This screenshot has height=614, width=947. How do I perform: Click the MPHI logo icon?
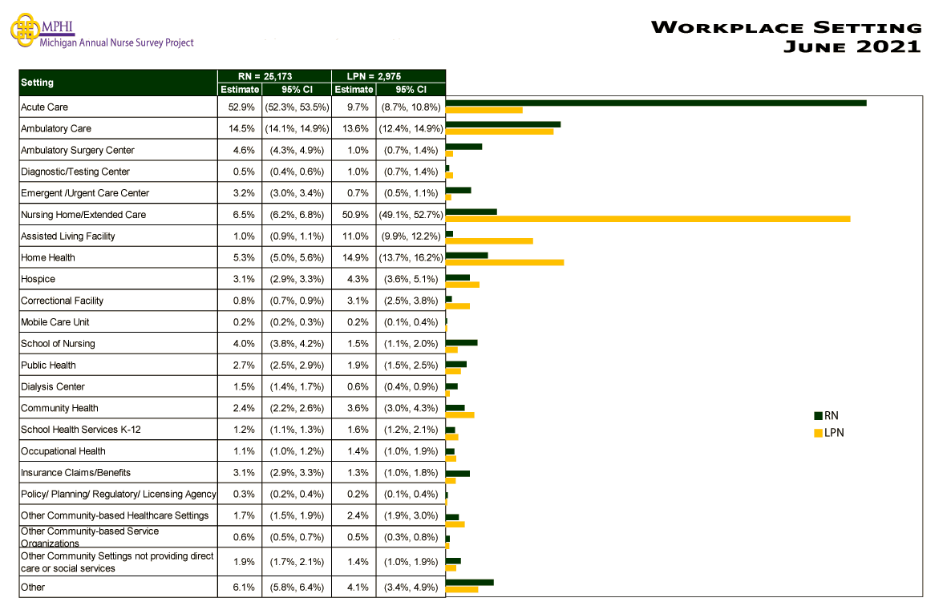pos(24,29)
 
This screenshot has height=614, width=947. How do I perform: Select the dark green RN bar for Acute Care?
pos(655,103)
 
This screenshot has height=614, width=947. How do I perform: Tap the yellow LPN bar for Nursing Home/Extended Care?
pos(647,218)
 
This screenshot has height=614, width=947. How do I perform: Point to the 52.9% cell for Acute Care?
pos(240,107)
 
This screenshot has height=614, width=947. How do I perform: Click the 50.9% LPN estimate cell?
pos(354,215)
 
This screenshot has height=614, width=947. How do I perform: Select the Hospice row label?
pos(38,279)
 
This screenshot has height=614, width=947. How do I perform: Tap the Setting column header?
pos(38,83)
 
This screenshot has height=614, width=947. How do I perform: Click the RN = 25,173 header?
pos(273,75)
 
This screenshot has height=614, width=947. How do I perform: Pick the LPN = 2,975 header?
pos(388,75)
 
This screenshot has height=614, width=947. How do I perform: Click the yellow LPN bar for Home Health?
pos(504,261)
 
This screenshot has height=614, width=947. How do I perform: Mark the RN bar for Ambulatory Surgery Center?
pos(463,146)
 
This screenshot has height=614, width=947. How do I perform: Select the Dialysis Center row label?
pos(53,386)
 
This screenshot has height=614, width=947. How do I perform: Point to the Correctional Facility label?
pos(63,301)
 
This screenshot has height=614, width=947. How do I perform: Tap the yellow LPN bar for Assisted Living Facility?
pos(489,240)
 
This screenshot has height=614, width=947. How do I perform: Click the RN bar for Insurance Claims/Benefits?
pos(457,473)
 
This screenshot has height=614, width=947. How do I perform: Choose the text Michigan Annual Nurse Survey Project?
pos(117,42)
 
